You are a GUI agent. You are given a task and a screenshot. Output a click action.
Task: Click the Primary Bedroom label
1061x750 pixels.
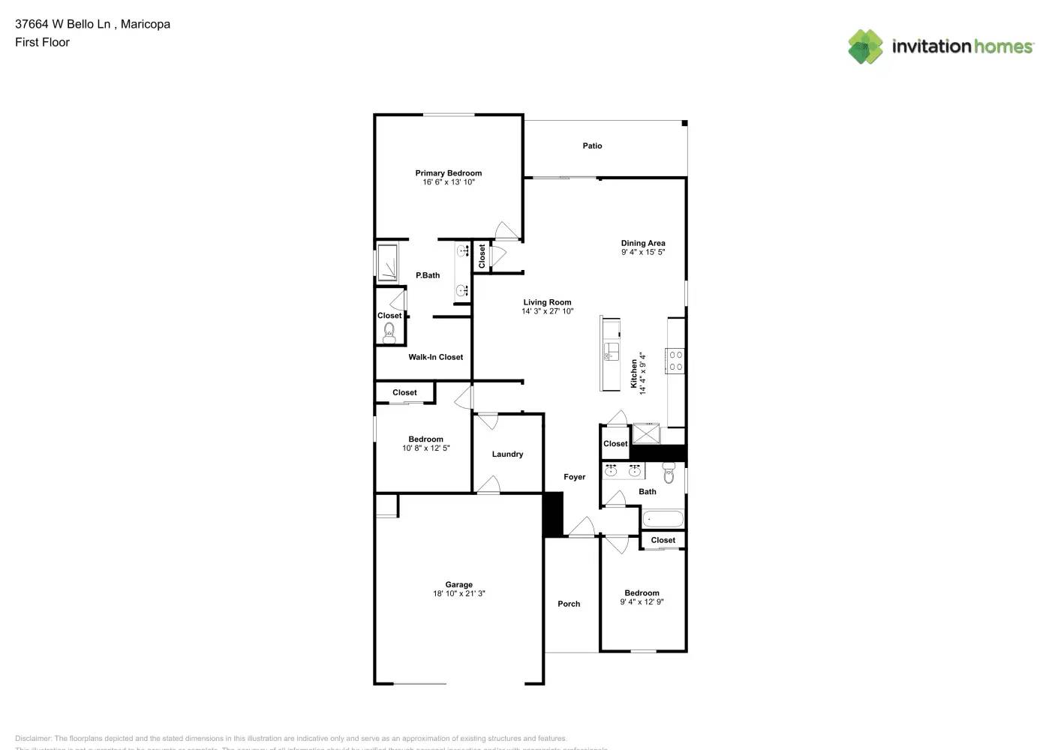(448, 173)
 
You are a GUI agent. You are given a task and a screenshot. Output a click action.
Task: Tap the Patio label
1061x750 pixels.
(592, 145)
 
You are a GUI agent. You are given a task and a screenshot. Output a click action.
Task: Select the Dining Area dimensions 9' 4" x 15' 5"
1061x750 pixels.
(643, 253)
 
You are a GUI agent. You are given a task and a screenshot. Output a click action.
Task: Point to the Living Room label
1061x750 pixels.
(547, 302)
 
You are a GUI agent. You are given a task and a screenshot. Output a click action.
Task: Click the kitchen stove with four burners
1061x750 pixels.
(675, 361)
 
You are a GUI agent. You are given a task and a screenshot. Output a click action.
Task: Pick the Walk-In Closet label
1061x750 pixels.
(435, 357)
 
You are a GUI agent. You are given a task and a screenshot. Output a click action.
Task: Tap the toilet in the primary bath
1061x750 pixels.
(389, 334)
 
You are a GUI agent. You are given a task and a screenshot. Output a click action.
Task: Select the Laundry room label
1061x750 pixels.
(507, 454)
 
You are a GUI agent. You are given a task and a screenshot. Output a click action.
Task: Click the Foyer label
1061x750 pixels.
(574, 477)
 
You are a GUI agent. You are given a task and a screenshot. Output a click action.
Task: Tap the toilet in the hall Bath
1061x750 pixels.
(669, 473)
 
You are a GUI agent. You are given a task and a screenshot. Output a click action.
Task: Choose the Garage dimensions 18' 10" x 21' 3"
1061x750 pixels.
(458, 594)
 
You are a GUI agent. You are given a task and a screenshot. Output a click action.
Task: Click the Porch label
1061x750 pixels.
(569, 604)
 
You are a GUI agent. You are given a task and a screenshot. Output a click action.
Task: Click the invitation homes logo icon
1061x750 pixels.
(865, 46)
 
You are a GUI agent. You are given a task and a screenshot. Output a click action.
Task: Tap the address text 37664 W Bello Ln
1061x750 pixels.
(64, 24)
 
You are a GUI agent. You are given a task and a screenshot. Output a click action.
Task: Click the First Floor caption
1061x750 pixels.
(42, 42)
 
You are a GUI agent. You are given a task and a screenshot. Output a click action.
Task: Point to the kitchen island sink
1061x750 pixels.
(612, 352)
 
